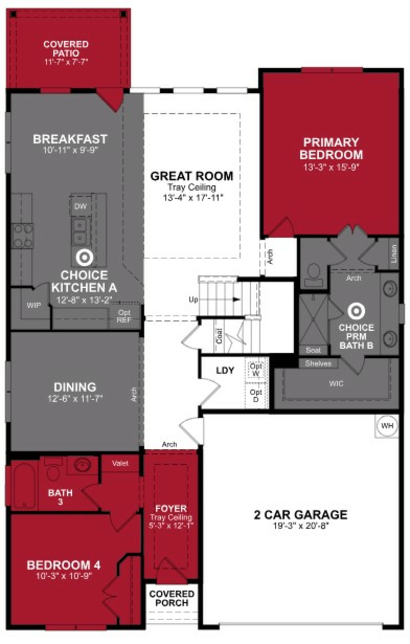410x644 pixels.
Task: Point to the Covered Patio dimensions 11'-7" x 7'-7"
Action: [66, 62]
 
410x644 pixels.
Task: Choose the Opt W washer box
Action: [256, 369]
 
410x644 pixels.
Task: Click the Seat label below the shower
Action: [313, 350]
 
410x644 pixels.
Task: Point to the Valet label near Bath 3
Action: [120, 463]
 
